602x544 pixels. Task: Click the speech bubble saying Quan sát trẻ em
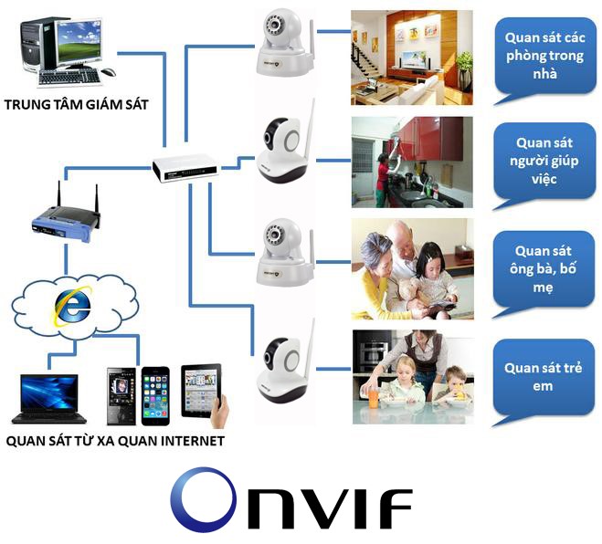[543, 378]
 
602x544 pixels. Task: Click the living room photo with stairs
[412, 57]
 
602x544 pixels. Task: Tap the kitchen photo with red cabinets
[412, 161]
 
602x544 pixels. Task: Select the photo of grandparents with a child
[412, 268]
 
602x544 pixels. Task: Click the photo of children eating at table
[412, 376]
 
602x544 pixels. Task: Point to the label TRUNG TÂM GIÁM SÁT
[76, 104]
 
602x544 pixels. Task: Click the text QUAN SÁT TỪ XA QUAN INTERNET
[115, 441]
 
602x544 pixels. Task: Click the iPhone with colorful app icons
[155, 395]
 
